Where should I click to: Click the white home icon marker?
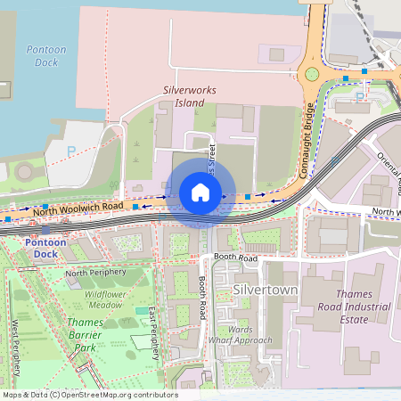coord(200,192)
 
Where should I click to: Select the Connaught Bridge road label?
coord(306,141)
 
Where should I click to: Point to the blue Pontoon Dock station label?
coord(45,248)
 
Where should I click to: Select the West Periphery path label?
coord(15,342)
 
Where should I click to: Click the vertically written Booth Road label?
coord(203,294)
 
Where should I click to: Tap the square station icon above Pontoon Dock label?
coord(45,231)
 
